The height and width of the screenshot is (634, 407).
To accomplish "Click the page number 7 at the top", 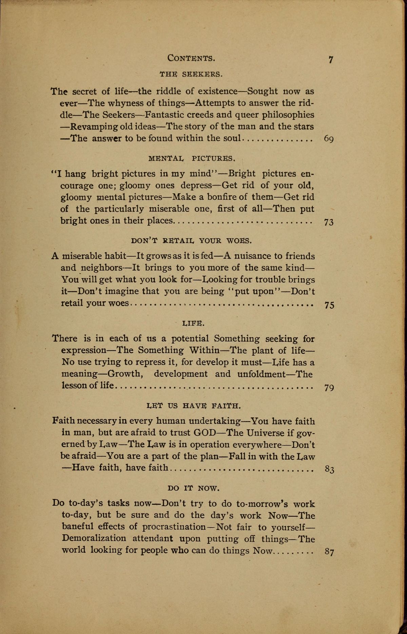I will [x=331, y=60].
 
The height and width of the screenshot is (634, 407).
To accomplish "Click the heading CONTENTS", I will [x=191, y=58].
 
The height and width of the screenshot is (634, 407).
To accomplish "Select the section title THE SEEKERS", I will [x=191, y=74].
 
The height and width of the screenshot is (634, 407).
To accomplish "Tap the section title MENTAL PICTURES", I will [x=192, y=158].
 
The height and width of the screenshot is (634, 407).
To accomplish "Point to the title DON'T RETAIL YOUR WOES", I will [x=191, y=241].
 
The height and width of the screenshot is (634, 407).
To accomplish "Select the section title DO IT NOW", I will [x=194, y=488].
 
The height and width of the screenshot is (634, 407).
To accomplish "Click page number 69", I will [x=329, y=139].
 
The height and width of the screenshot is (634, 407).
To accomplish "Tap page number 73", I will [x=329, y=222].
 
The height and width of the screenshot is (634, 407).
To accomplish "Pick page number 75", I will [x=329, y=305].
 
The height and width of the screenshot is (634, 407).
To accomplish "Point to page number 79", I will [x=329, y=387].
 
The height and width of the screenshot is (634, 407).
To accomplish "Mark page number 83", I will [x=329, y=470].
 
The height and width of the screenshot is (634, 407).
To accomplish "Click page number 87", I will [x=329, y=552].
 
